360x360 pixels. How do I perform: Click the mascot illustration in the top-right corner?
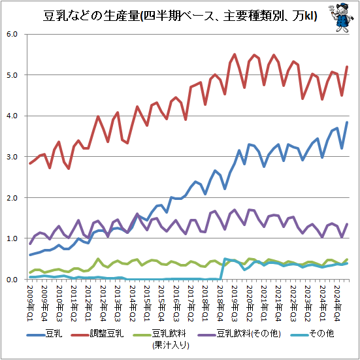point(340,18)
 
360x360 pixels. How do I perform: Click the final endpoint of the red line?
point(347,67)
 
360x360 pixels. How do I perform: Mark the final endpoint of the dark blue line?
point(347,122)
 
